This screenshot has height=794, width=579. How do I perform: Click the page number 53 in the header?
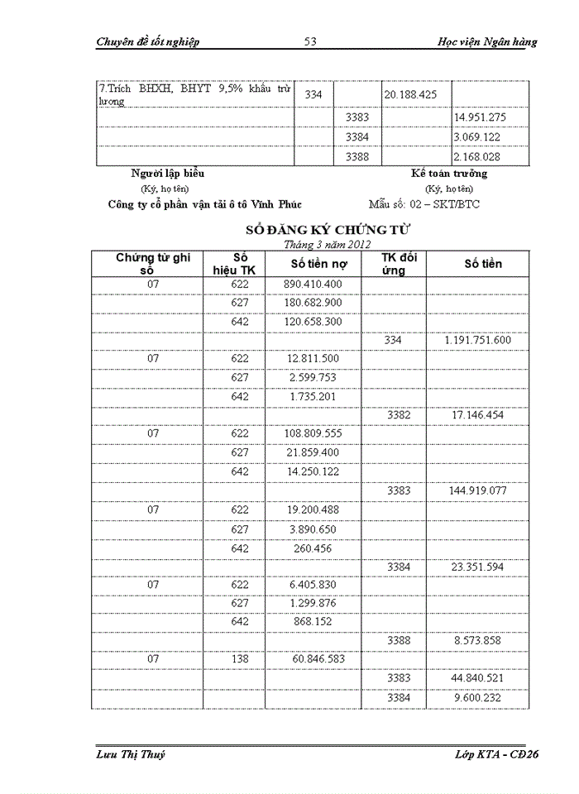pos(311,42)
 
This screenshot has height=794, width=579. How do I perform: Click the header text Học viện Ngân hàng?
pos(486,42)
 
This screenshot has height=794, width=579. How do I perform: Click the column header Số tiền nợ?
pos(312,264)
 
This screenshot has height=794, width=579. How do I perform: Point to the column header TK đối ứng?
pos(398,264)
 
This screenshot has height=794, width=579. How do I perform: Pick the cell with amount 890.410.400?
pos(312,285)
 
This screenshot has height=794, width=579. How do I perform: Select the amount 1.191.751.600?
pos(477,340)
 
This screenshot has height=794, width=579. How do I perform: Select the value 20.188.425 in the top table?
pos(411,95)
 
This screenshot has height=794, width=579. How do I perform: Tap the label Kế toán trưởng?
pos(449,174)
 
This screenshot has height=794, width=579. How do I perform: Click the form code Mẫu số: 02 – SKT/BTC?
pos(423,204)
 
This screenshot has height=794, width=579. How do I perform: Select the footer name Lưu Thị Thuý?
pos(131,754)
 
